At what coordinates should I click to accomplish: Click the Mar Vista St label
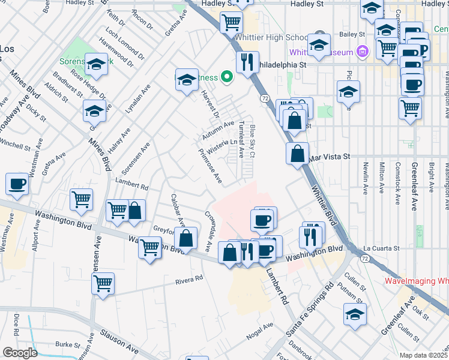click(x=330, y=156)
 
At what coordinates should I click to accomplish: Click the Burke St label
click(x=67, y=345)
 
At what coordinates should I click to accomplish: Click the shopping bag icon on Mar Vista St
click(x=298, y=154)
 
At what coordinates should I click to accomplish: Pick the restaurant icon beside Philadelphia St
click(x=247, y=61)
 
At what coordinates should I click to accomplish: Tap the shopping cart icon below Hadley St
click(x=231, y=23)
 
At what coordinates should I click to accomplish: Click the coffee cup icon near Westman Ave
click(x=17, y=184)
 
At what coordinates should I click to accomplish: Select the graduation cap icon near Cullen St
click(x=355, y=313)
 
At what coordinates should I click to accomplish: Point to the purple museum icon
click(x=362, y=52)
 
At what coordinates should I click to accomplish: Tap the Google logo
click(x=20, y=353)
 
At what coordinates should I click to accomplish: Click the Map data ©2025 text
click(x=423, y=355)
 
